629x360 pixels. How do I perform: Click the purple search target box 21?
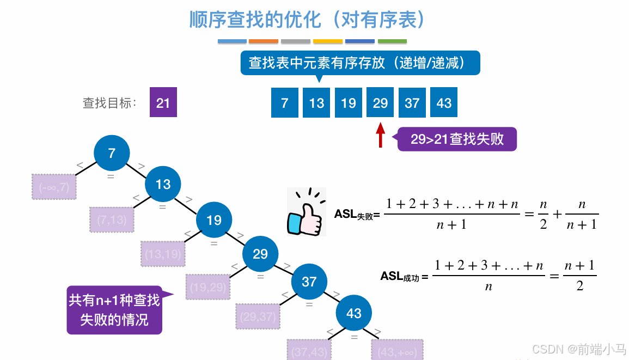coord(163,103)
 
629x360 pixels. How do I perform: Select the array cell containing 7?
coord(285,103)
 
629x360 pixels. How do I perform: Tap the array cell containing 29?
coord(381,103)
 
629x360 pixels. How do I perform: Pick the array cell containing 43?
coord(444,103)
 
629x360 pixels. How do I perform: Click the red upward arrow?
coord(381,135)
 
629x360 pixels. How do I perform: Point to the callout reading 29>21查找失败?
coord(457,139)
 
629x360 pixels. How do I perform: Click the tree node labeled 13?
coord(163,184)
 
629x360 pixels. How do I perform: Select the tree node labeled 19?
coord(214,220)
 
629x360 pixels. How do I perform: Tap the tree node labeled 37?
coord(309,282)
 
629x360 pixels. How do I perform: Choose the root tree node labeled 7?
coord(112,154)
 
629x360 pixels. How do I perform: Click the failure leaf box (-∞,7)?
coord(54,187)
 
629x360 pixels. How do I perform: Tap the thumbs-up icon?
coord(307,212)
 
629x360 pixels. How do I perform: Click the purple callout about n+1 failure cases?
coord(114,309)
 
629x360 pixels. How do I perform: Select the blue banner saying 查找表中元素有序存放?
coord(360,63)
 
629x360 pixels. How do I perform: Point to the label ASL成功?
coord(404,277)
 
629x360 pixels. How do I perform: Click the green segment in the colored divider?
coord(392,41)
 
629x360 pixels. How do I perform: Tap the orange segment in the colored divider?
coord(264,41)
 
